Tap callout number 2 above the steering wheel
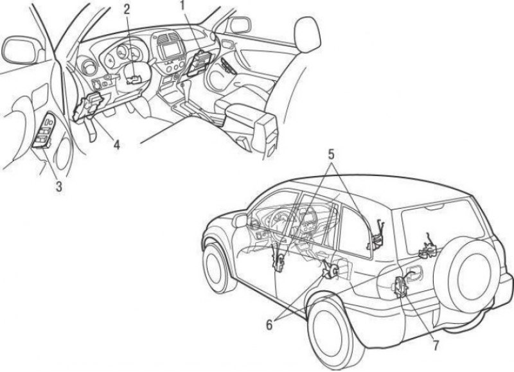point(127,9)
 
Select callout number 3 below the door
point(58,186)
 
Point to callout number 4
point(117,144)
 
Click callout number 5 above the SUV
point(332,155)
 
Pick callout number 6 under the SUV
point(269,325)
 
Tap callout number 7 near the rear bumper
point(436,346)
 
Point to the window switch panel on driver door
point(45,130)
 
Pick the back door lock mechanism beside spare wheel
point(427,249)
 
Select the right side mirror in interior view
point(239,25)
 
